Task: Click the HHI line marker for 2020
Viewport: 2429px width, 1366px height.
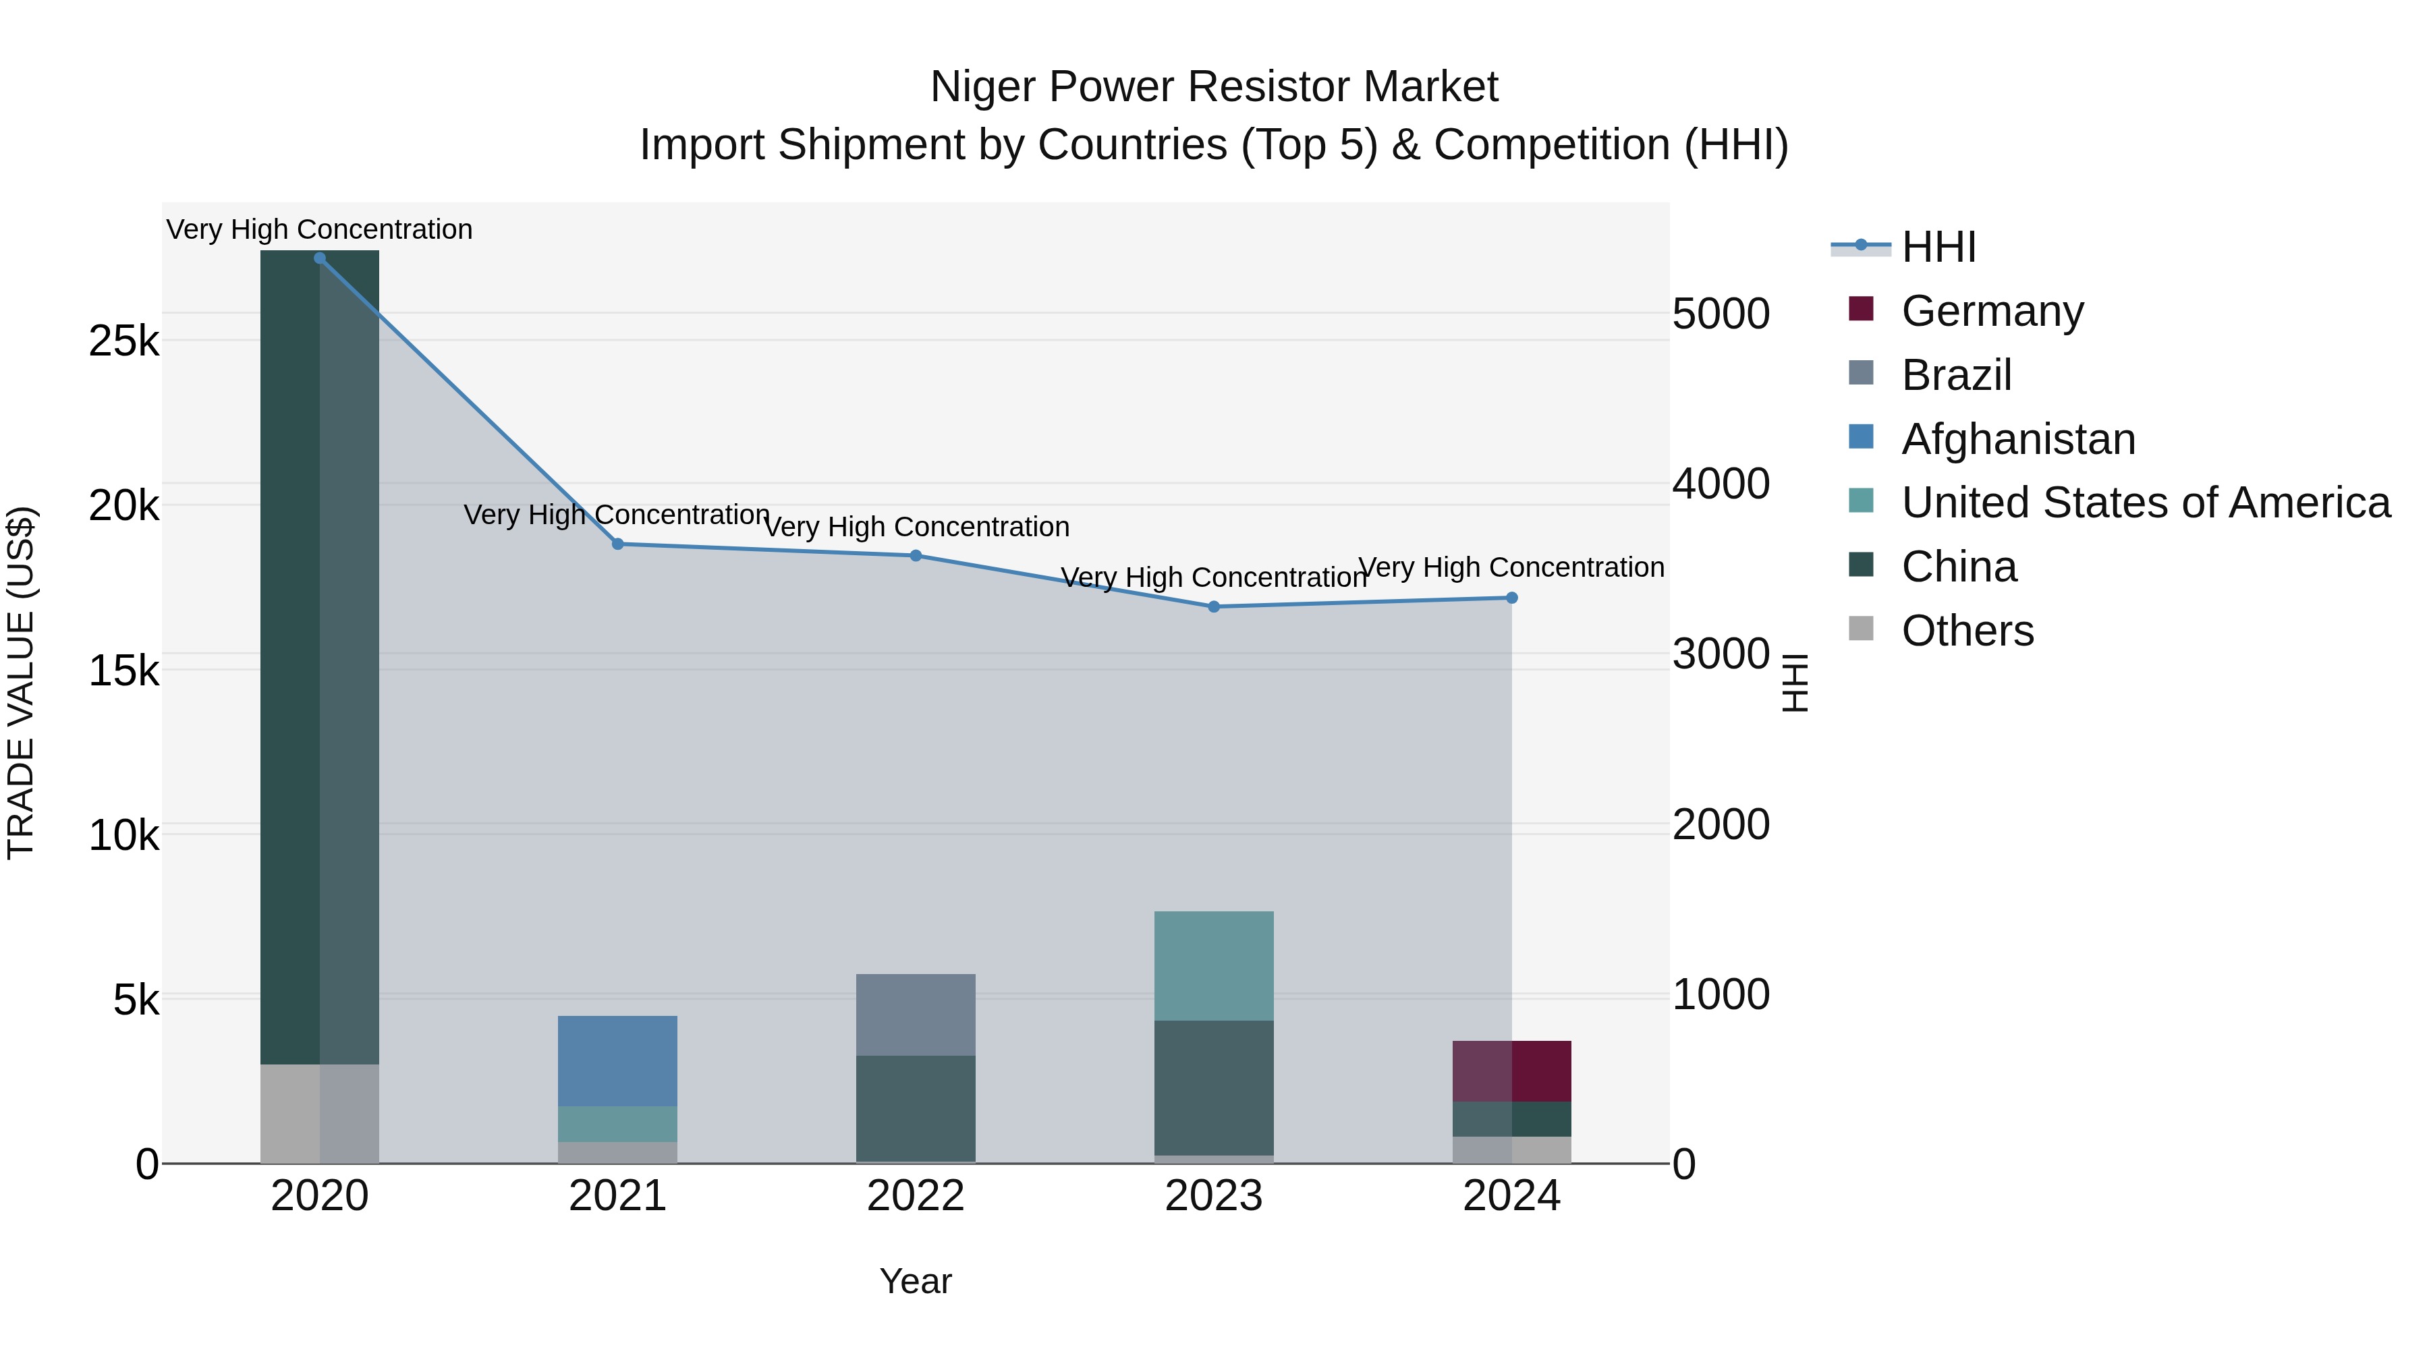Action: tap(320, 258)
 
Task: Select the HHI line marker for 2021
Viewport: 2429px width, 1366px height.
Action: tap(617, 544)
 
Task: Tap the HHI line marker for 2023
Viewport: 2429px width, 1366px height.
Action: tap(1214, 607)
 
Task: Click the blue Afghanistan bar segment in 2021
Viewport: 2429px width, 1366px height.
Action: tap(617, 1060)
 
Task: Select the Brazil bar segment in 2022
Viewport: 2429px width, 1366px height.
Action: tap(916, 1015)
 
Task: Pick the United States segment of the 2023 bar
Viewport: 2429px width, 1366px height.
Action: tap(1214, 965)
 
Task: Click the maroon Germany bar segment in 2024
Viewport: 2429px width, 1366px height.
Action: tap(1511, 1071)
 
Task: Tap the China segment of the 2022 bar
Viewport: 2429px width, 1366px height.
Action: tap(916, 1108)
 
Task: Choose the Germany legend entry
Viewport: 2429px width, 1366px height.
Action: tap(1992, 311)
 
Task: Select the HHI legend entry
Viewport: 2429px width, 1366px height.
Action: tap(1938, 247)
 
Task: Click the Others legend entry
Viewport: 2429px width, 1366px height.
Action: tap(1967, 631)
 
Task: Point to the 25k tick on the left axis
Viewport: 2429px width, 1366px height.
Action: tap(123, 341)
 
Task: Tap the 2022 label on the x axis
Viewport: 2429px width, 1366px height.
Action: tap(916, 1196)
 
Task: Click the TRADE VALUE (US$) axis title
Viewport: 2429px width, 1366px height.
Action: tap(21, 683)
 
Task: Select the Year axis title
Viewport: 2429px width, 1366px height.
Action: tap(916, 1281)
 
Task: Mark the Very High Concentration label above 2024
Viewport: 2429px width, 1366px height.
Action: tap(1511, 567)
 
